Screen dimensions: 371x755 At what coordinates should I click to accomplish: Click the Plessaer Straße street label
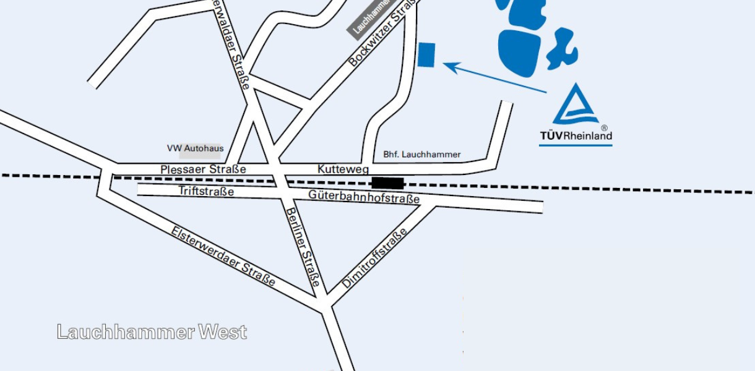tap(203, 169)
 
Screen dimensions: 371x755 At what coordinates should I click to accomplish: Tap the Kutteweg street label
tap(343, 169)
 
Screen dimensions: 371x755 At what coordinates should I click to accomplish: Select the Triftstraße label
tap(206, 191)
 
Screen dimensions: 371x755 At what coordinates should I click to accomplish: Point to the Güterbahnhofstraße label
tap(364, 197)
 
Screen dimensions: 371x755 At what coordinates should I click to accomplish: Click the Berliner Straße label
tap(303, 247)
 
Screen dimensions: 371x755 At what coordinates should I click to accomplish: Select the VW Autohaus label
tap(195, 148)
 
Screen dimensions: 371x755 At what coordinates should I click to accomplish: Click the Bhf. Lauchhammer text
tap(422, 155)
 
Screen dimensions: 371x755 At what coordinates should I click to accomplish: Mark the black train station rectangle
tap(388, 183)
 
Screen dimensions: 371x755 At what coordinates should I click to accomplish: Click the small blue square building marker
tap(426, 54)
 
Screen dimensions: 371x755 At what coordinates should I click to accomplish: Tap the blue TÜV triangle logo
tap(575, 105)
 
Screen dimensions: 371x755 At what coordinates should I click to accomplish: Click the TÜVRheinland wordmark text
tap(576, 136)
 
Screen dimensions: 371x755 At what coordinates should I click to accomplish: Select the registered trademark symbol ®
tap(604, 128)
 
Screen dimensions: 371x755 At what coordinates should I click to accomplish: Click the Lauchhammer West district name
tap(152, 332)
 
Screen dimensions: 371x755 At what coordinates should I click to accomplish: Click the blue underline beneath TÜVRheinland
tap(576, 145)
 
